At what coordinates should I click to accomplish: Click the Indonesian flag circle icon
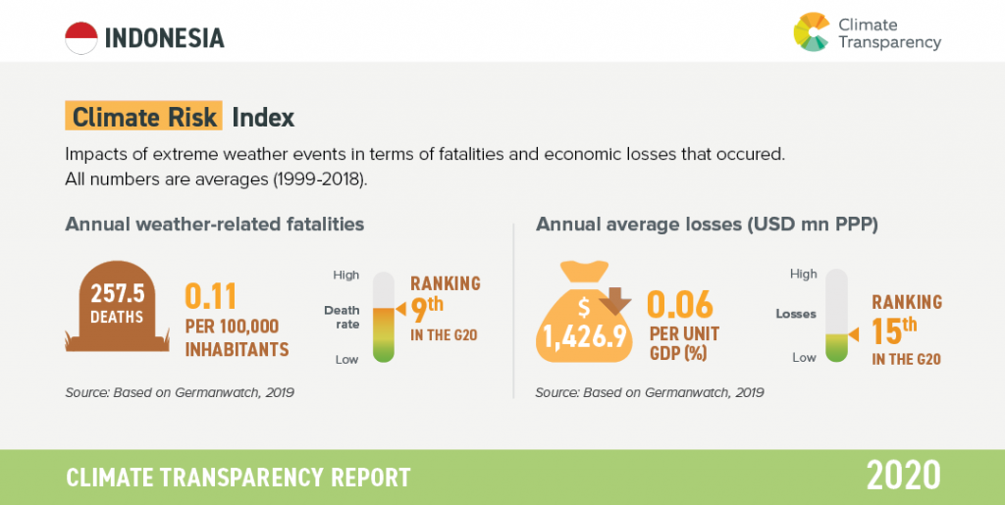click(x=80, y=37)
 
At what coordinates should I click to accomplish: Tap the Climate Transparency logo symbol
click(x=812, y=31)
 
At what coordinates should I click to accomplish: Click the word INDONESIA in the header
click(x=164, y=38)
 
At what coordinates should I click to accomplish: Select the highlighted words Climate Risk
click(x=144, y=118)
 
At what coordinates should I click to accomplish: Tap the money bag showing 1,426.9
click(x=585, y=314)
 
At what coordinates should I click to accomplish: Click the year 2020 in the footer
click(x=902, y=476)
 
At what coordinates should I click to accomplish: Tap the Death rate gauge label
click(x=342, y=317)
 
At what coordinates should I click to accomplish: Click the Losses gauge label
click(x=796, y=315)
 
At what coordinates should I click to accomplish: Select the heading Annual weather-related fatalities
click(x=215, y=225)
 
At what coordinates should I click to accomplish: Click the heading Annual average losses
click(x=707, y=225)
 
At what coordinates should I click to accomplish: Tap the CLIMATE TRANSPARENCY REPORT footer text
click(x=238, y=478)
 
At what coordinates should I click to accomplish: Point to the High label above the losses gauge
click(x=803, y=274)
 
